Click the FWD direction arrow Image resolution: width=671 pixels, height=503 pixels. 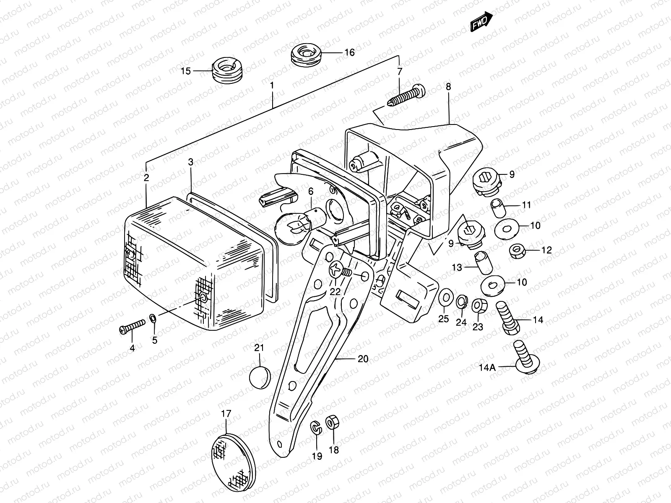481,21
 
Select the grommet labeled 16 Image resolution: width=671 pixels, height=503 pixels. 307,54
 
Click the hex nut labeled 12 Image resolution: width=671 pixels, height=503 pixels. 519,251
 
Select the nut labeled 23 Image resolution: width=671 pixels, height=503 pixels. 479,306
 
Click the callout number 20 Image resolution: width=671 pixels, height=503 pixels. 363,359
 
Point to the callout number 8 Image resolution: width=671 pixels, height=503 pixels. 448,87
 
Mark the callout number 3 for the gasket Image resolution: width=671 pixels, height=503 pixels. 190,163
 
